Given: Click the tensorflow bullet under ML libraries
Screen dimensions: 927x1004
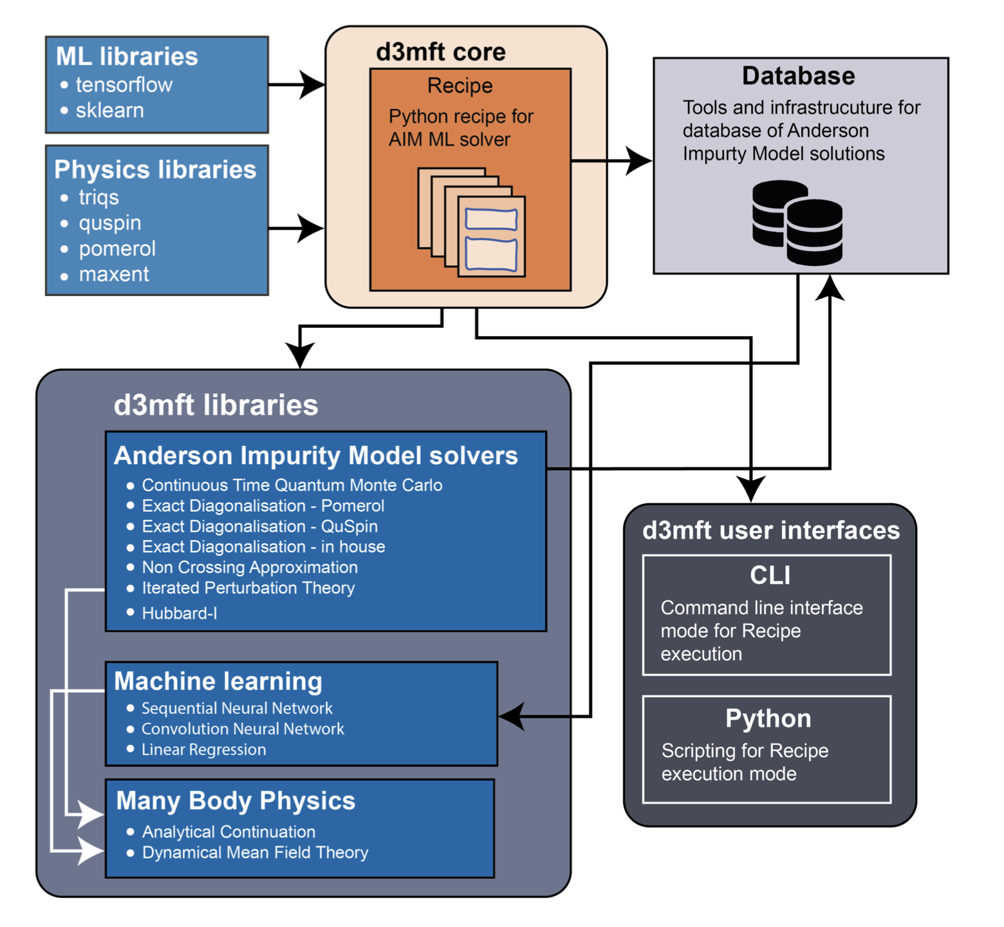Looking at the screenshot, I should tap(124, 85).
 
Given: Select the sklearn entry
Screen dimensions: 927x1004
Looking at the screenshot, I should tap(109, 111).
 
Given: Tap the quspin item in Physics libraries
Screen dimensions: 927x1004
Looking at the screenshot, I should tap(109, 223).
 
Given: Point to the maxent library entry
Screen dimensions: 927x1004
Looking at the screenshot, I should tap(113, 275).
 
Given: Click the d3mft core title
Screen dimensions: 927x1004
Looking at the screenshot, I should tap(441, 52).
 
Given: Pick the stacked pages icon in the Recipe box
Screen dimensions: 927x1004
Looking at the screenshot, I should tap(472, 222).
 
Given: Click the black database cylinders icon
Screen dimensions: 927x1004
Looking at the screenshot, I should tap(797, 223).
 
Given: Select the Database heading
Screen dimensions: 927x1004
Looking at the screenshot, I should tap(798, 76).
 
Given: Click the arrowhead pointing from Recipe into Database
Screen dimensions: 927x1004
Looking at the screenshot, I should tap(639, 161).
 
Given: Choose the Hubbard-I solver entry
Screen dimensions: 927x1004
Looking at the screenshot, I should tap(179, 613).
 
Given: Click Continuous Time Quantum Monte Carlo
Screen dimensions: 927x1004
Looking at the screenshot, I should tap(292, 485).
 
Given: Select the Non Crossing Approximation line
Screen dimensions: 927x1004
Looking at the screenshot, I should tap(250, 567).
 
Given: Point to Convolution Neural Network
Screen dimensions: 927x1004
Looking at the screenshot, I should tap(243, 729).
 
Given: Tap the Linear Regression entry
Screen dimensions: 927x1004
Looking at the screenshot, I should tap(203, 749).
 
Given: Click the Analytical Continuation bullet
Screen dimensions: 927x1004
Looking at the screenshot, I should tap(228, 832).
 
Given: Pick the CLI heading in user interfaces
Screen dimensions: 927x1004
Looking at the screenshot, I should tap(770, 576).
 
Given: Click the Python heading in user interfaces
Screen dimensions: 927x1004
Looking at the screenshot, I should tap(768, 718).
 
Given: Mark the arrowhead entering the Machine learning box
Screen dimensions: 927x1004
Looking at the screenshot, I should tap(512, 716).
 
